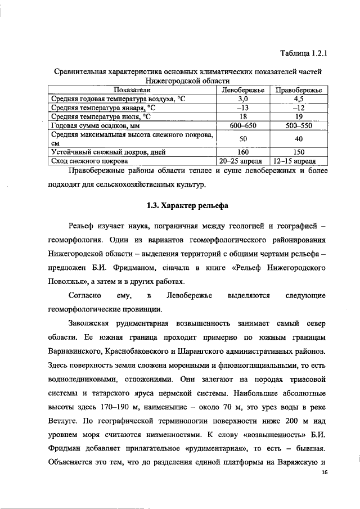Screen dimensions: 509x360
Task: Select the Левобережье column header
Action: pyautogui.click(x=243, y=90)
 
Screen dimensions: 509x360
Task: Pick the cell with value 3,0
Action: pyautogui.click(x=243, y=98)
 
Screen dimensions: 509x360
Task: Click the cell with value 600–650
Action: pyautogui.click(x=243, y=125)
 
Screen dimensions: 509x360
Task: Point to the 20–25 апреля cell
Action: pyautogui.click(x=243, y=161)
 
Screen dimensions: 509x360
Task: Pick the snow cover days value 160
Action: pyautogui.click(x=243, y=151)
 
